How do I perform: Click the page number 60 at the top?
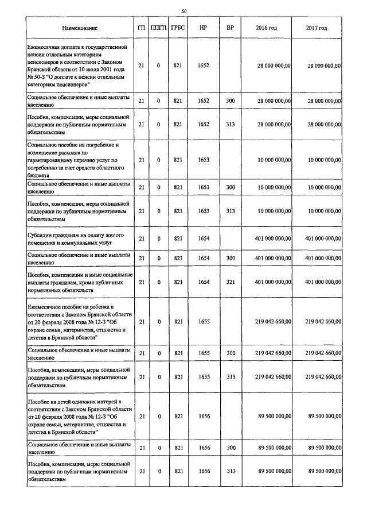coord(183,11)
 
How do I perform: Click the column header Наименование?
coord(80,28)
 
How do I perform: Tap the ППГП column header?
coord(158,28)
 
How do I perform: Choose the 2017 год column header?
coord(317,28)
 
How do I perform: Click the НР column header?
coord(203,28)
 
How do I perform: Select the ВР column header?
coord(230,28)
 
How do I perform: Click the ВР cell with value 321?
coord(231,282)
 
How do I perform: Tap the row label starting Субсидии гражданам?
coord(80,238)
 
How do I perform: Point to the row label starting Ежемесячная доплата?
coord(80,66)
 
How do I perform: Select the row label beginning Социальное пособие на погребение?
coord(80,160)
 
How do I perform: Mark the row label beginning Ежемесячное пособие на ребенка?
coord(80,322)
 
